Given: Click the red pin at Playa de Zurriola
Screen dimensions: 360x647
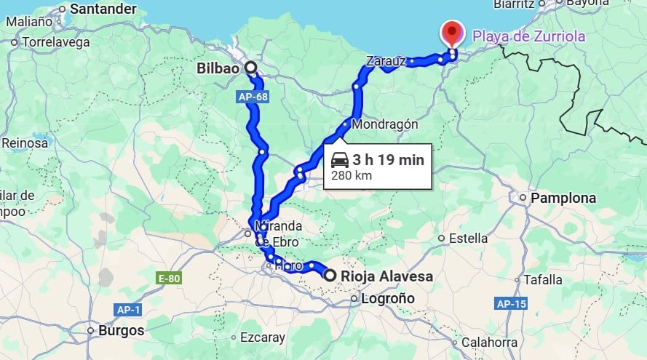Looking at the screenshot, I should pos(453,32).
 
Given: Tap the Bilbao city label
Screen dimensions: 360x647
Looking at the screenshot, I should pos(218,68).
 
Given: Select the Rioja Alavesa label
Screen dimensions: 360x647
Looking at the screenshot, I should pos(386,276).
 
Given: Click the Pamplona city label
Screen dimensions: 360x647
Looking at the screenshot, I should pos(563,198).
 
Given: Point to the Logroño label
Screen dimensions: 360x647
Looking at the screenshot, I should pos(387,298).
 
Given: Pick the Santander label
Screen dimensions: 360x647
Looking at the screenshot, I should pos(103,9).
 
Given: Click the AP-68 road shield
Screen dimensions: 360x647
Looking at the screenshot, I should pos(252,96).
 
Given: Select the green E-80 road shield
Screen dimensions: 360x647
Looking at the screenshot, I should pos(168,278).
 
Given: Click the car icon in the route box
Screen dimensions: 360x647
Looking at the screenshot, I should pos(339,159).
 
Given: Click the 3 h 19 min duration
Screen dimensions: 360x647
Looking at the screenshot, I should pos(388,159).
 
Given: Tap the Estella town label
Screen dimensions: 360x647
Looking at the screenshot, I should pos(469,238).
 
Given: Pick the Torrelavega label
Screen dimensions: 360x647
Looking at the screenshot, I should pos(56,42).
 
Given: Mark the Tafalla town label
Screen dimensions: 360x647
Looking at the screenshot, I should pos(543,279).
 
